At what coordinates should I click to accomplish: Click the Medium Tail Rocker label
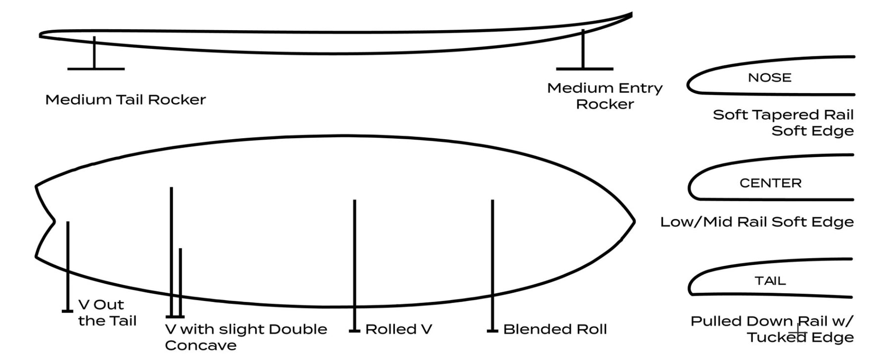point(125,100)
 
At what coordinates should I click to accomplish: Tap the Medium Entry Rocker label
point(604,96)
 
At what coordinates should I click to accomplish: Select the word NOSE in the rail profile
point(769,78)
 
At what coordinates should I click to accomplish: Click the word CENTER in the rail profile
point(770,183)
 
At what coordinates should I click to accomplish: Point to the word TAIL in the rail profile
point(770,281)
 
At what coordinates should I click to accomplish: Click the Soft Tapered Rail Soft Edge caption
point(783,123)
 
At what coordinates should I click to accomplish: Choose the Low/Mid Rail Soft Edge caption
point(757,222)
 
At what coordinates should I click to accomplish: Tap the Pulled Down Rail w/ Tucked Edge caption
point(772,329)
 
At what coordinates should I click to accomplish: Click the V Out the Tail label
point(107,312)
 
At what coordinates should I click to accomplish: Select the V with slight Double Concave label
point(246,337)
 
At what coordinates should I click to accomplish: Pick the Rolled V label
point(398,329)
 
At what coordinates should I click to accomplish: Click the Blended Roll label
point(555,329)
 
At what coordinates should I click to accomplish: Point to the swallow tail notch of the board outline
point(53,221)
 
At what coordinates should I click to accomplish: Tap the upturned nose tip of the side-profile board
point(631,15)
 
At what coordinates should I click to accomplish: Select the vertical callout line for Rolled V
point(354,262)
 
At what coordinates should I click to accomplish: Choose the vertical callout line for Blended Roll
point(492,262)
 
